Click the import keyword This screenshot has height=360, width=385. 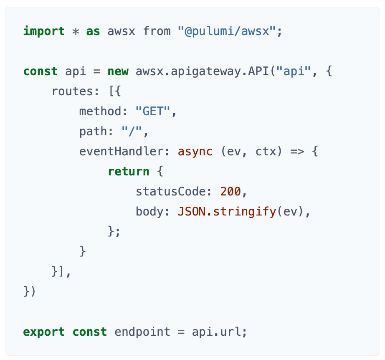[x=44, y=31]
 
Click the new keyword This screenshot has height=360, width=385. [x=118, y=71]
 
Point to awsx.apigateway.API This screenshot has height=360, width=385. [x=202, y=71]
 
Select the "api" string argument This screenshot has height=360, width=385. [x=297, y=71]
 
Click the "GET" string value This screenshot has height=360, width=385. [x=153, y=112]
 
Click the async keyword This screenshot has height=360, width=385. [x=195, y=152]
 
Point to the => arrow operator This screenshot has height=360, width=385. [x=297, y=152]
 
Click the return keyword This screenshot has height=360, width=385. [x=129, y=172]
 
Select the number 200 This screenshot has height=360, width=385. [x=230, y=192]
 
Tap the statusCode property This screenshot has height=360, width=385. [x=171, y=192]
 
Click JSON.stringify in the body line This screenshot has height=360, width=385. [x=227, y=212]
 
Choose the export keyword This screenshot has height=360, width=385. [x=44, y=332]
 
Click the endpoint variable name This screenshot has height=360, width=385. [x=142, y=332]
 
